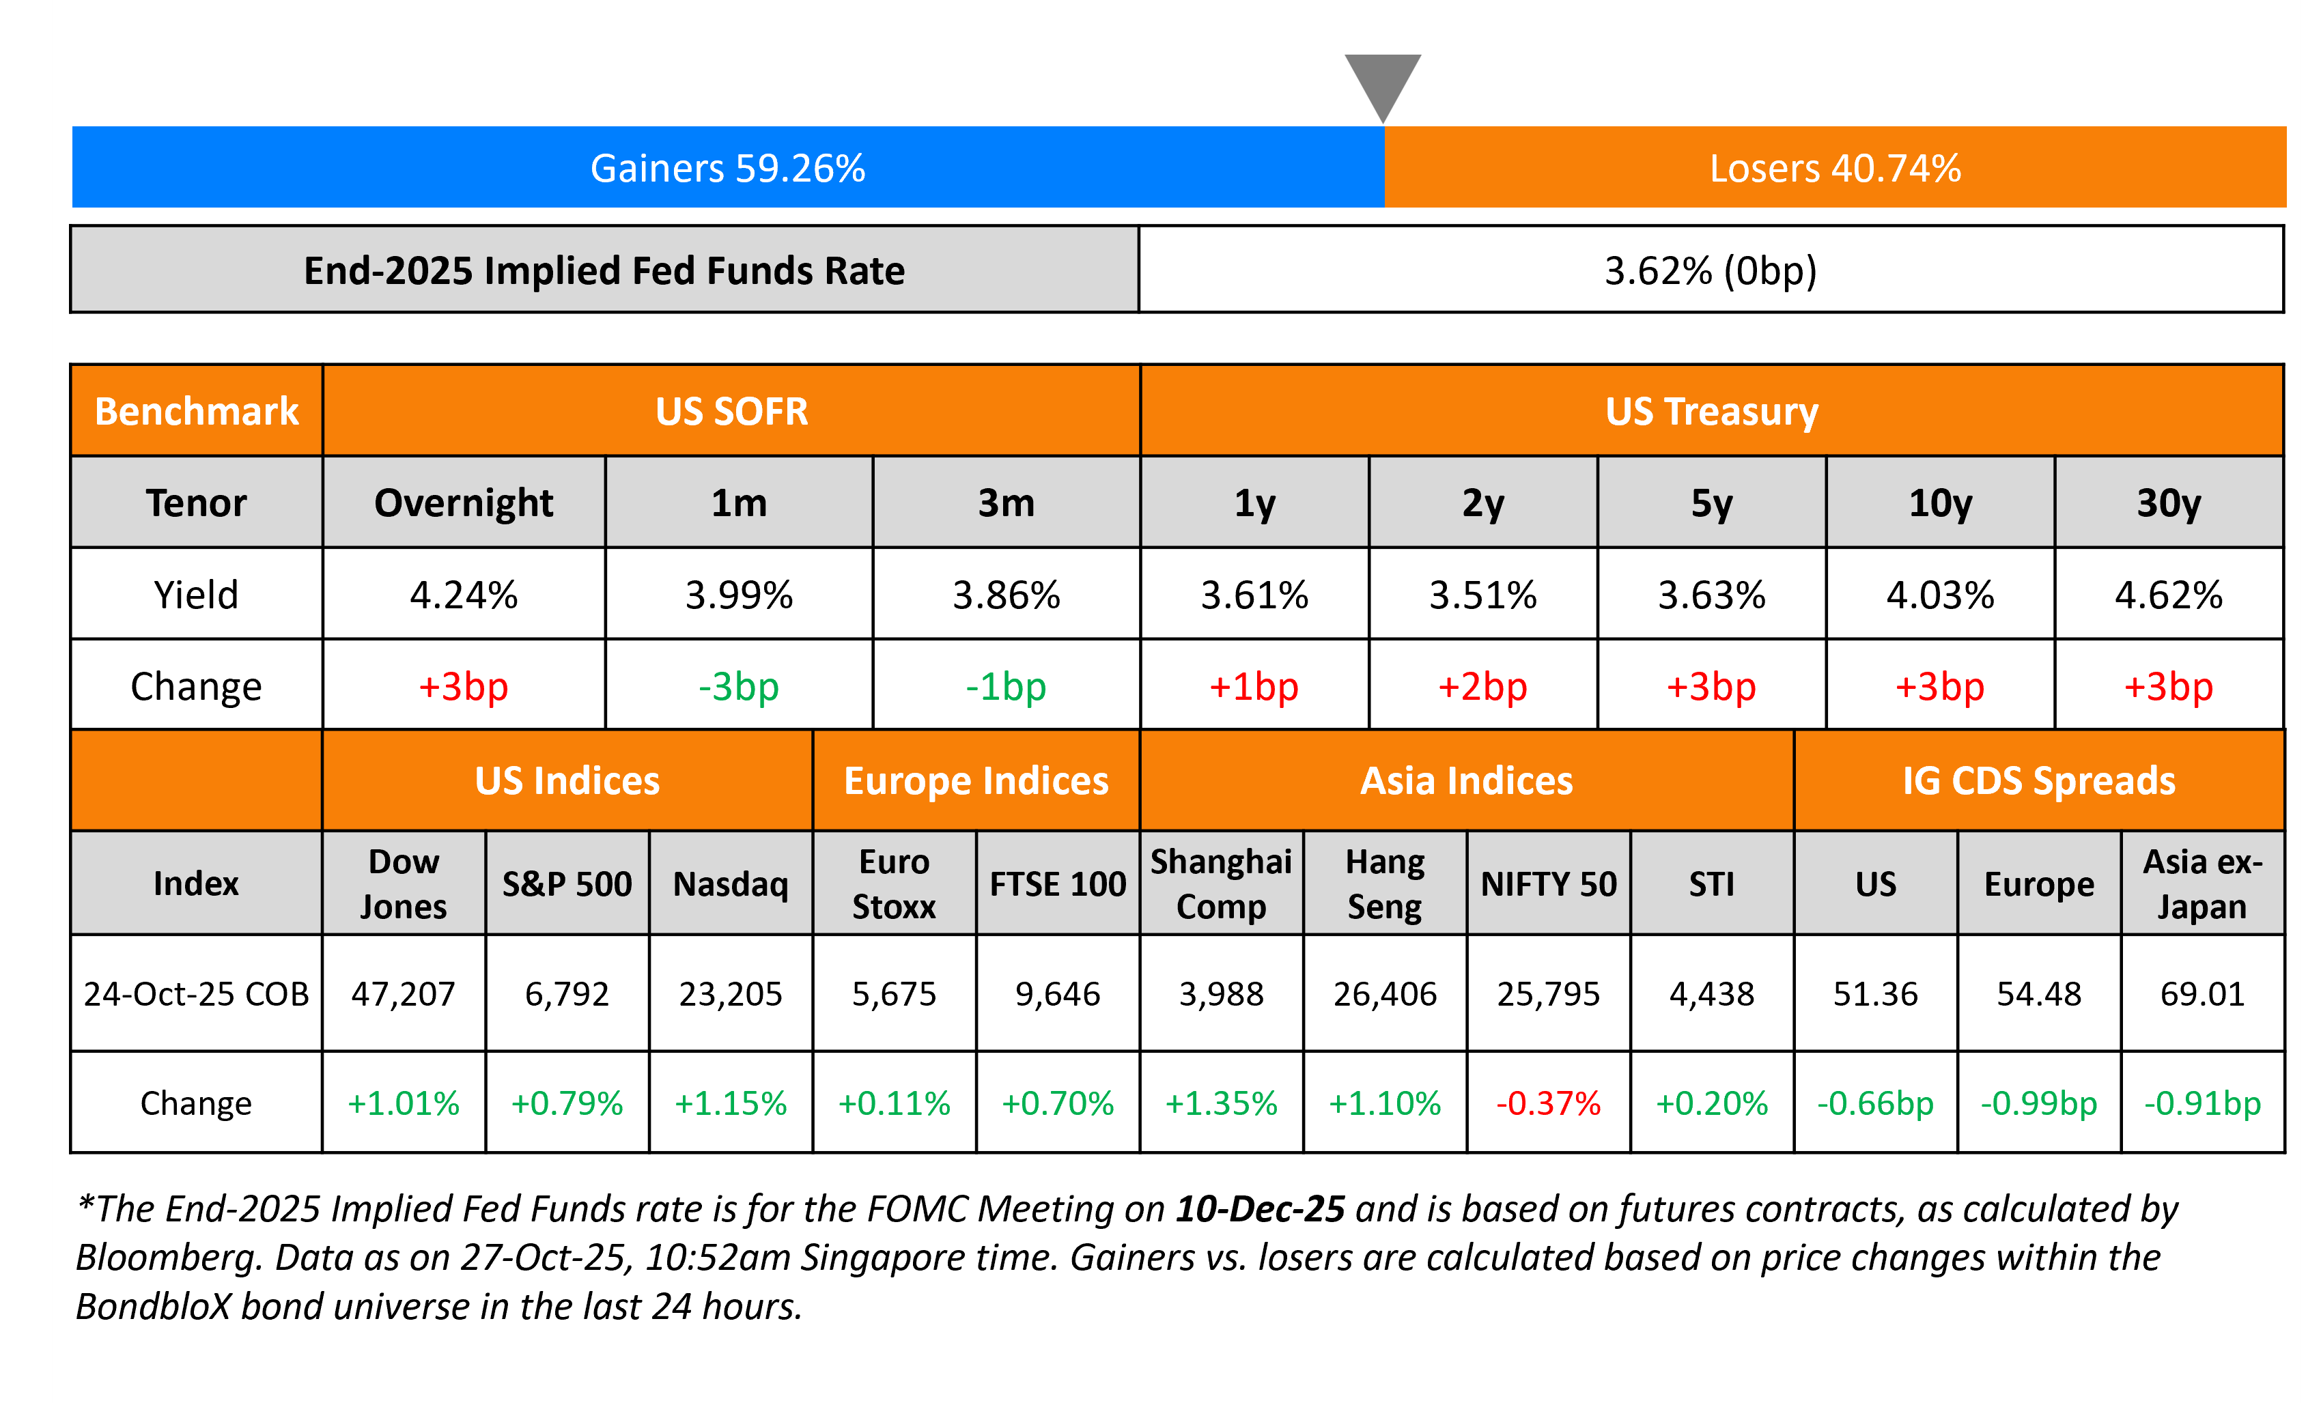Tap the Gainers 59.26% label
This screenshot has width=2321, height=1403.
click(727, 169)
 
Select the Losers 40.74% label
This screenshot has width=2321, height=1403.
click(1834, 169)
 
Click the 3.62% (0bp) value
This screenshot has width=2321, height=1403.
click(1710, 271)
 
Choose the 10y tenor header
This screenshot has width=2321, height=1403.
click(1939, 502)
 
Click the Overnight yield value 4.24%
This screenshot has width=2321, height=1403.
click(464, 595)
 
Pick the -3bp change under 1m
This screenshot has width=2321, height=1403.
click(739, 686)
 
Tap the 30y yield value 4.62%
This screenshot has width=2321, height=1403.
click(2169, 595)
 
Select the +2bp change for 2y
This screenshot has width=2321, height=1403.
click(1482, 686)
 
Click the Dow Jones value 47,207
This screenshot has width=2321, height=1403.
click(403, 993)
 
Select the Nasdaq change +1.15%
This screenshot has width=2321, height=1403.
click(730, 1103)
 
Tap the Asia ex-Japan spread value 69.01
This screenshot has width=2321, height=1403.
click(2202, 993)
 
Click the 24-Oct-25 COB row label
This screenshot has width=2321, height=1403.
click(196, 993)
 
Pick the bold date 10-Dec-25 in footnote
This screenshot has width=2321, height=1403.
click(1259, 1209)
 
